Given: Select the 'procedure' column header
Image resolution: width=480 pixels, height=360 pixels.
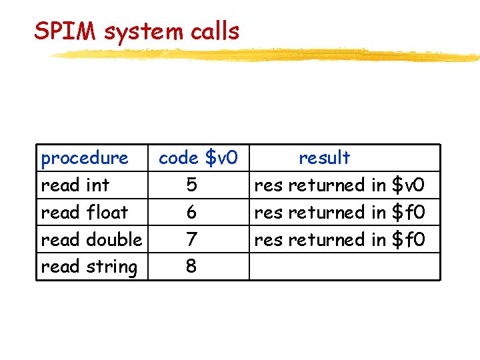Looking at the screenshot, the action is click(x=85, y=158).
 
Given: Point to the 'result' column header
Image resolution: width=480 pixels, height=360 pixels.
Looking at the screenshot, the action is click(x=324, y=158).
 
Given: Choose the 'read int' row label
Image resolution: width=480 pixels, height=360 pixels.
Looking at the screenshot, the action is click(x=75, y=185).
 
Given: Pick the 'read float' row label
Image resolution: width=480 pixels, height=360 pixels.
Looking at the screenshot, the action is click(x=84, y=212).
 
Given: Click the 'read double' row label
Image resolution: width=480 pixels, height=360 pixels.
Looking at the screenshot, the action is click(x=91, y=239).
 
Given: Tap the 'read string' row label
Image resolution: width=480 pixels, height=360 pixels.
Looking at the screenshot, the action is click(x=89, y=267).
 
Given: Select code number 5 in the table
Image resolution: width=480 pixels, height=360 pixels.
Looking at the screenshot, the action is click(x=191, y=185).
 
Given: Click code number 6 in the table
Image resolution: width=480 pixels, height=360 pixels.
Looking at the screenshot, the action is click(x=191, y=212).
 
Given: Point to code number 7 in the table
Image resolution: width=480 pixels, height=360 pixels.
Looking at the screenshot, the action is click(x=191, y=239).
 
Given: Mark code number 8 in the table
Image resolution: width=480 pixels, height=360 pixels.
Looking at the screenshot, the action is click(x=191, y=267).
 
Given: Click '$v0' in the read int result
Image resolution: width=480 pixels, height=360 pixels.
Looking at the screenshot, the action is click(x=408, y=185).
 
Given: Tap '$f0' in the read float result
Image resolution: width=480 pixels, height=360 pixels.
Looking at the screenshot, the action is click(x=408, y=212).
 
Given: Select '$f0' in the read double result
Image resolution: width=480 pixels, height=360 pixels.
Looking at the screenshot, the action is click(x=408, y=239).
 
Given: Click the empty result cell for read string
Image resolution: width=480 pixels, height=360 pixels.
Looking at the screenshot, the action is click(x=344, y=267).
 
